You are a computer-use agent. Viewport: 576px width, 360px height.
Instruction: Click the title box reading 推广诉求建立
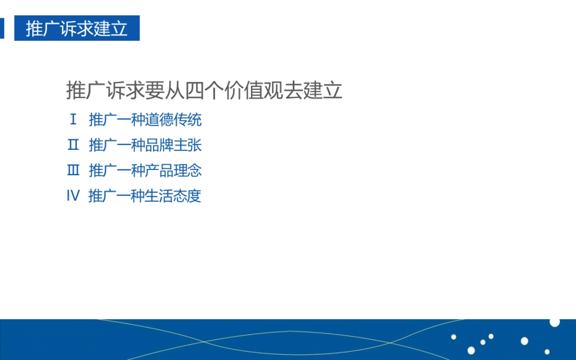(77, 28)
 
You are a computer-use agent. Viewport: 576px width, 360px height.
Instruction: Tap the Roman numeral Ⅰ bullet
(73, 120)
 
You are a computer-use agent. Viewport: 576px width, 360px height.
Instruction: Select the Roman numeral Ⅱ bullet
(73, 145)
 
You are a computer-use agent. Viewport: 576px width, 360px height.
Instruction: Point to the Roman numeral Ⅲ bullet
(73, 170)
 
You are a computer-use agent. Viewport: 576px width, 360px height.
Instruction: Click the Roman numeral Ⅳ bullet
(73, 196)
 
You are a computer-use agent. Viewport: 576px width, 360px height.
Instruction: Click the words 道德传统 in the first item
(173, 120)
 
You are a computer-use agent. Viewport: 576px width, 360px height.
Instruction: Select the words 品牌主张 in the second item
(173, 145)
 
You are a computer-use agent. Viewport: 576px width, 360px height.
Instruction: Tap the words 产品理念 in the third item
(173, 170)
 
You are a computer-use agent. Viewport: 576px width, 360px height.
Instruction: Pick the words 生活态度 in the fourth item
(173, 196)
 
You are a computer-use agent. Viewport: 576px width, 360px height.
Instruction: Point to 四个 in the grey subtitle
(204, 91)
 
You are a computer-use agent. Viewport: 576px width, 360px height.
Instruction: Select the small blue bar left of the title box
(2, 28)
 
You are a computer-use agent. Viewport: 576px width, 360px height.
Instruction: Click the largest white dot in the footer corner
(555, 322)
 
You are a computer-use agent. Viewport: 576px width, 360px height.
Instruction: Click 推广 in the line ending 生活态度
(103, 196)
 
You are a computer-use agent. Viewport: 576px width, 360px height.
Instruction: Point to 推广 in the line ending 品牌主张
(103, 145)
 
